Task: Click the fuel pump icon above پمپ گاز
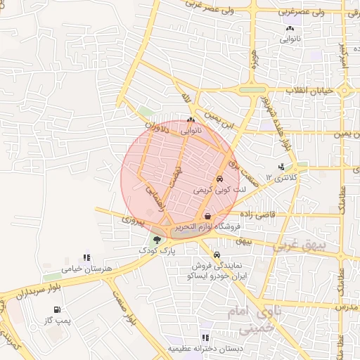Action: pyautogui.click(x=56, y=309)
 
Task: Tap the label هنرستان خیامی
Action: pyautogui.click(x=83, y=269)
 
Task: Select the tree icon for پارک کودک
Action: pyautogui.click(x=157, y=240)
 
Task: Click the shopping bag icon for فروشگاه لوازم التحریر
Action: pyautogui.click(x=207, y=215)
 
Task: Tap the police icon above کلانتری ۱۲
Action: pyautogui.click(x=282, y=167)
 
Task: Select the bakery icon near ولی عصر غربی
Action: pyautogui.click(x=290, y=29)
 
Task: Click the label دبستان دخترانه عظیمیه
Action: pyautogui.click(x=204, y=349)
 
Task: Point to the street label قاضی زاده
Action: pyautogui.click(x=257, y=213)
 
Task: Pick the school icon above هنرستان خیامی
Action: pyautogui.click(x=86, y=258)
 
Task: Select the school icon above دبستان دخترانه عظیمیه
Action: pyautogui.click(x=205, y=337)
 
